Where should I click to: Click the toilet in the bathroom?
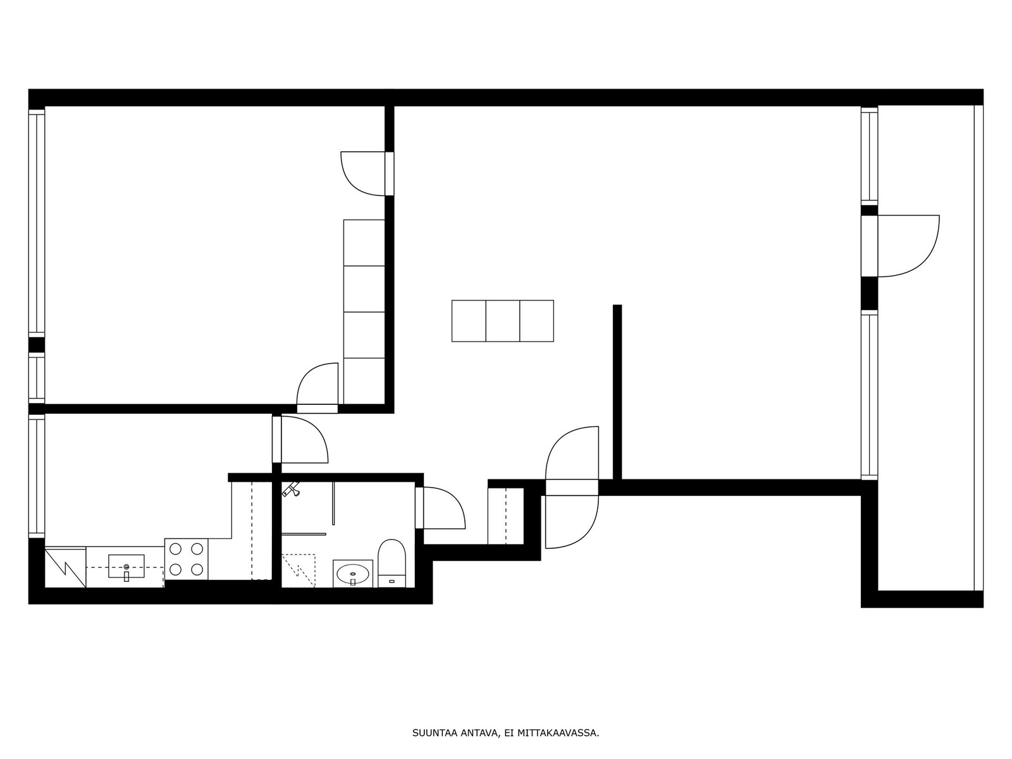point(392,563)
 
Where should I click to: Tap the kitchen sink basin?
point(126,566)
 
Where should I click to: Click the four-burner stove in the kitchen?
point(186,559)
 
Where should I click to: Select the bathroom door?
point(440,508)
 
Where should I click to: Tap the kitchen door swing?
point(305,439)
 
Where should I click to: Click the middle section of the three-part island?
point(503,321)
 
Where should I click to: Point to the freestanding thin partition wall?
point(617,392)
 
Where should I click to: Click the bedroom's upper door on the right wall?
point(367,174)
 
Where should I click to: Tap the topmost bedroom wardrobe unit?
point(364,243)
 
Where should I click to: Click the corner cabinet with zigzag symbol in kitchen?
point(66,567)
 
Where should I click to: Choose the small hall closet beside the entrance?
point(506,516)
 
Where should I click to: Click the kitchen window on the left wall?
point(37,476)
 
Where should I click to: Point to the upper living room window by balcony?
point(870,156)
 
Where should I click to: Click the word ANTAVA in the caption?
point(477,732)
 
